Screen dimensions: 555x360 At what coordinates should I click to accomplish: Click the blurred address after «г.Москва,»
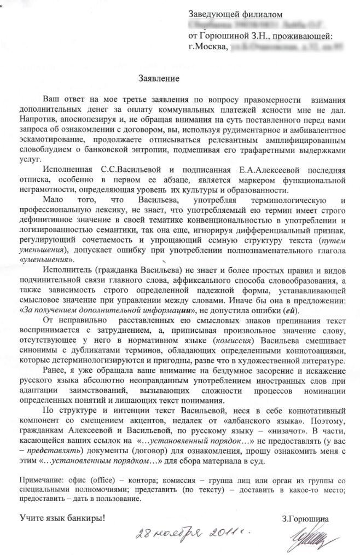click(x=278, y=48)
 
